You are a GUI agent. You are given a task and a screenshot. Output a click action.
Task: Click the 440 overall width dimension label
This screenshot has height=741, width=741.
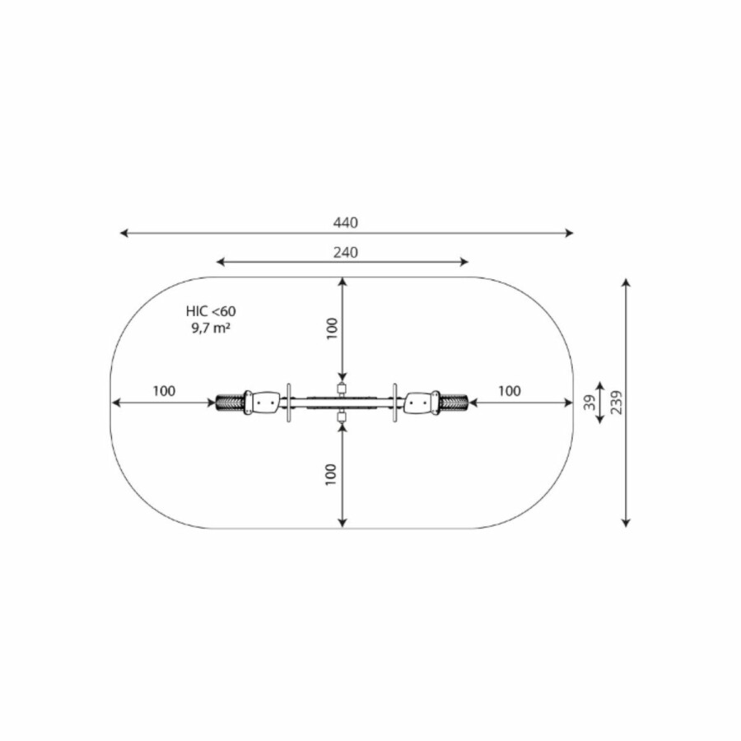[346, 222]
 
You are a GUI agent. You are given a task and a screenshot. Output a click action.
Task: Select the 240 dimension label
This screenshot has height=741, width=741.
[346, 253]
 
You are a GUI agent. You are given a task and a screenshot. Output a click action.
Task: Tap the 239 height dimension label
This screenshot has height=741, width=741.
[616, 403]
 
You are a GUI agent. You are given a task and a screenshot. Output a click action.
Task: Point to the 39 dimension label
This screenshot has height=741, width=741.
[589, 403]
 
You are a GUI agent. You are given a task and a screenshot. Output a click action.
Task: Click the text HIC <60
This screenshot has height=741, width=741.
[211, 311]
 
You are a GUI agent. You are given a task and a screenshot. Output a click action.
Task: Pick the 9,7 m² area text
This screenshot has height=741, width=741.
[211, 328]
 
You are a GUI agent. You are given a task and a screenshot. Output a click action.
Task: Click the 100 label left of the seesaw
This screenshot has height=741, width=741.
[164, 391]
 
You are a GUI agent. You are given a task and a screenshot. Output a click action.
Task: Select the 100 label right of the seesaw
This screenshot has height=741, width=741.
[510, 391]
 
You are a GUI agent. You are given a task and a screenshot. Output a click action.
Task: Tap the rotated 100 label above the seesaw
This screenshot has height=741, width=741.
[332, 329]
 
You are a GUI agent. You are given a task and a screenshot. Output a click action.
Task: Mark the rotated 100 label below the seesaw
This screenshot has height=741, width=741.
[331, 474]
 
